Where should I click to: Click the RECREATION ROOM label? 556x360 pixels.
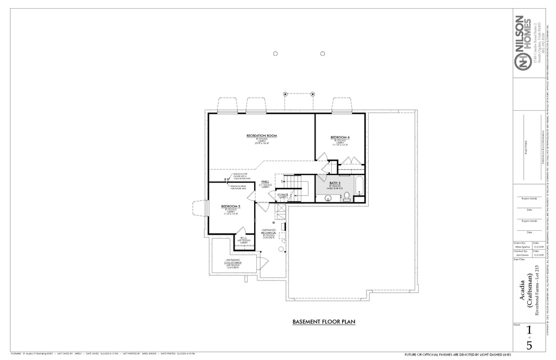(x=262, y=135)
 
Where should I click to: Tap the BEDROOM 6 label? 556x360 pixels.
(x=340, y=137)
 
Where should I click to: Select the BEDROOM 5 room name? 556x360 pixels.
(x=231, y=206)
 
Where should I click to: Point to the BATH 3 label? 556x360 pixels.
(x=334, y=183)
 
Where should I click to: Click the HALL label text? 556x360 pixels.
(x=265, y=182)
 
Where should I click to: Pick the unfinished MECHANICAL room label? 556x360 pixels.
(x=269, y=232)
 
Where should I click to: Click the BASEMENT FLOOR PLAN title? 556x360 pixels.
(x=324, y=322)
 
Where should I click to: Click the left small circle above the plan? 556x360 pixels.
(x=275, y=53)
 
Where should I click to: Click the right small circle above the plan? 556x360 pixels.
(x=323, y=53)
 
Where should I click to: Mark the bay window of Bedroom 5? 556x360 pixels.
(x=199, y=209)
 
